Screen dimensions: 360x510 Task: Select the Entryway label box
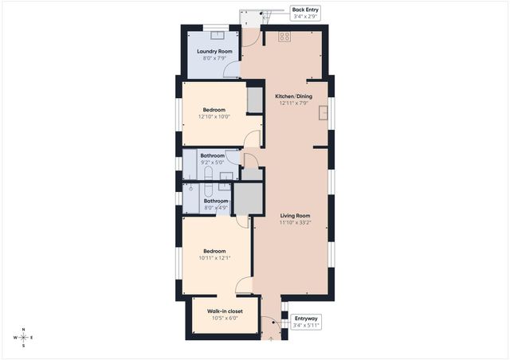pyautogui.click(x=305, y=321)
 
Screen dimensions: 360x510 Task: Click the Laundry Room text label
pyautogui.click(x=214, y=52)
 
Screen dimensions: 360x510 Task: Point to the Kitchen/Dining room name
pyautogui.click(x=294, y=96)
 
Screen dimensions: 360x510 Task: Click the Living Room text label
pyautogui.click(x=294, y=216)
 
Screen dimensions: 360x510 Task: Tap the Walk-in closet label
pyautogui.click(x=225, y=311)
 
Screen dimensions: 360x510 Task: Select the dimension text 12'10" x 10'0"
pyautogui.click(x=214, y=116)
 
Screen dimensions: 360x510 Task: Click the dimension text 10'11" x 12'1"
pyautogui.click(x=214, y=257)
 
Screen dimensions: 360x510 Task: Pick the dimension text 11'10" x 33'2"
pyautogui.click(x=294, y=223)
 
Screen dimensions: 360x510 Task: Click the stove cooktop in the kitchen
pyautogui.click(x=284, y=37)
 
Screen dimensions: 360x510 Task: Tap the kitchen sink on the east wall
pyautogui.click(x=324, y=112)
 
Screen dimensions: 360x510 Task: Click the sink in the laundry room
pyautogui.click(x=213, y=31)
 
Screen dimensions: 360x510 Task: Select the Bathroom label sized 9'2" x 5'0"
pyautogui.click(x=212, y=156)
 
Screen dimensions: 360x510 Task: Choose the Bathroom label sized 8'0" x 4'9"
pyautogui.click(x=216, y=202)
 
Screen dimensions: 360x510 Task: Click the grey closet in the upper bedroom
pyautogui.click(x=254, y=100)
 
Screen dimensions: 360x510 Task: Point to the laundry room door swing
pyautogui.click(x=231, y=70)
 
